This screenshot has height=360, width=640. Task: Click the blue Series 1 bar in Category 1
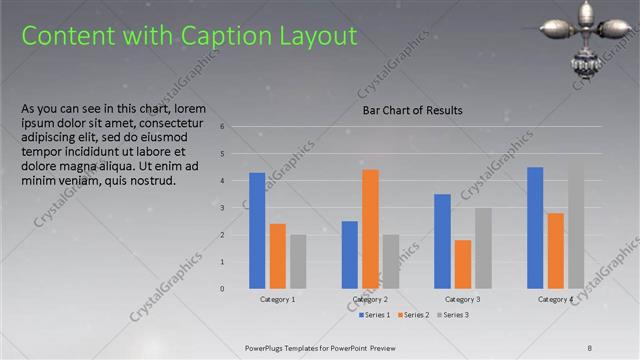tap(257, 230)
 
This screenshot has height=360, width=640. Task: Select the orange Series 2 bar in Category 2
tap(370, 228)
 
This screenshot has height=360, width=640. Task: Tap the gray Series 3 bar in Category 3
tap(483, 248)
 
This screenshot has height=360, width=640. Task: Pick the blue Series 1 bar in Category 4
tap(535, 227)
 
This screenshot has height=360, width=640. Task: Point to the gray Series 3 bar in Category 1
tap(298, 261)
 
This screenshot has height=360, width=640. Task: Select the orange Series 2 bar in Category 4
tap(555, 250)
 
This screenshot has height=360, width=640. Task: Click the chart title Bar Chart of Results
tap(412, 111)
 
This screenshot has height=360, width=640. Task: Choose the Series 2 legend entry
tap(413, 315)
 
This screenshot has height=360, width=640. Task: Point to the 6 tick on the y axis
tap(236, 127)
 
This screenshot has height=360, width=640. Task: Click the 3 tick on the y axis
tap(236, 208)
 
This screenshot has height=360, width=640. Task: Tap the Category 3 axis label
tap(463, 299)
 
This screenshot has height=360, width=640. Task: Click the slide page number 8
tap(590, 347)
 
